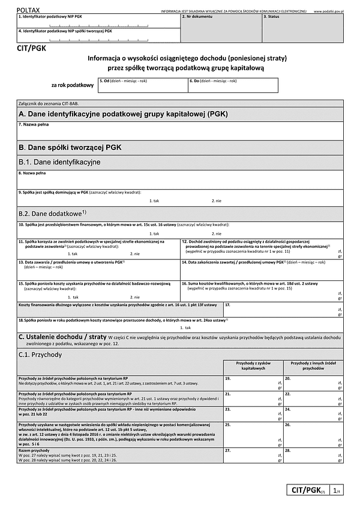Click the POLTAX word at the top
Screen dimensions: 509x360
coord(29,10)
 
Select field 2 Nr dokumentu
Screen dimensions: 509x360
coord(220,28)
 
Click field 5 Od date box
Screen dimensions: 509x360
coord(142,85)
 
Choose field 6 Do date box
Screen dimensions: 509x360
coord(233,85)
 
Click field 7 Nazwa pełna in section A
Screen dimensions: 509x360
coord(180,130)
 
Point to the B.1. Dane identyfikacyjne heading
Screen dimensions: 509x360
coord(59,162)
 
